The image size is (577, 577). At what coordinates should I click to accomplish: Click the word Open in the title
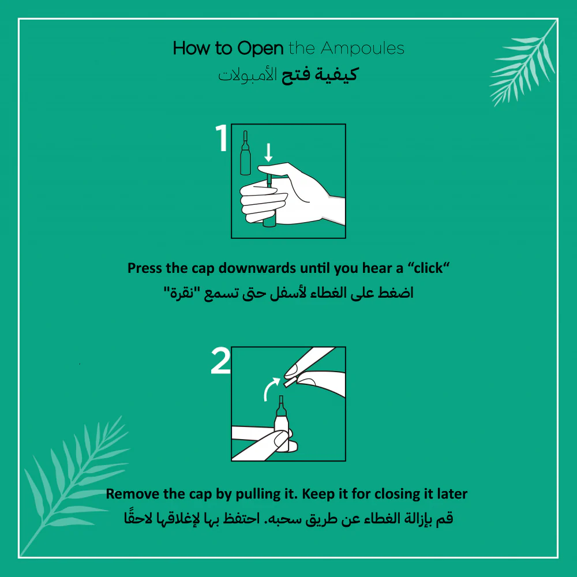point(260,48)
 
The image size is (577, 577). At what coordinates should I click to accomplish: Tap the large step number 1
point(222,138)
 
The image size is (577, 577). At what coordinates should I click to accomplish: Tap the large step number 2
point(221,361)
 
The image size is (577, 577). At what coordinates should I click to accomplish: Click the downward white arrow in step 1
point(269,152)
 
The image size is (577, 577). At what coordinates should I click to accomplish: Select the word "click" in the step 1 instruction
point(428,268)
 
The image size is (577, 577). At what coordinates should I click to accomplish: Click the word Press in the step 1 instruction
point(145,268)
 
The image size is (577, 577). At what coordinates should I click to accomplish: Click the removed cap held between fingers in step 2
point(289,382)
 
